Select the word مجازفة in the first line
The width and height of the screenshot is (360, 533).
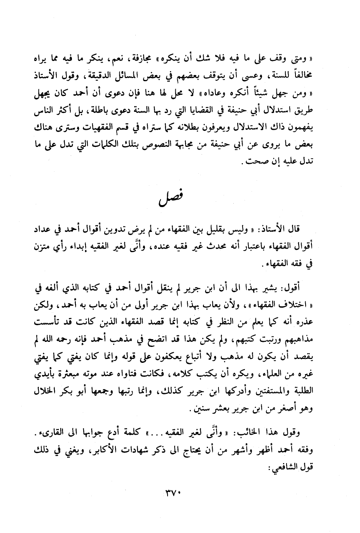click(x=155, y=60)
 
